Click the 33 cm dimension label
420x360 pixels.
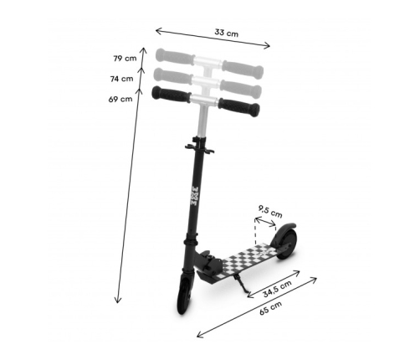coord(227,33)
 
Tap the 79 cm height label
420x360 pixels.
coord(125,59)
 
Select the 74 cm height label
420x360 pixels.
coord(121,79)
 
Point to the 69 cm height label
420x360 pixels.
coord(120,99)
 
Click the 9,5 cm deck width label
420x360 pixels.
coord(270,212)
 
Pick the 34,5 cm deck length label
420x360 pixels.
coord(278,289)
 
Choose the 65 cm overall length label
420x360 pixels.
coord(270,308)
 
